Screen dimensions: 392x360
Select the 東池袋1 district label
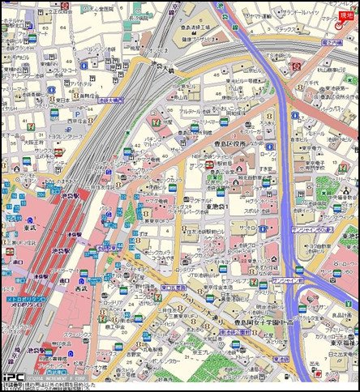216,207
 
